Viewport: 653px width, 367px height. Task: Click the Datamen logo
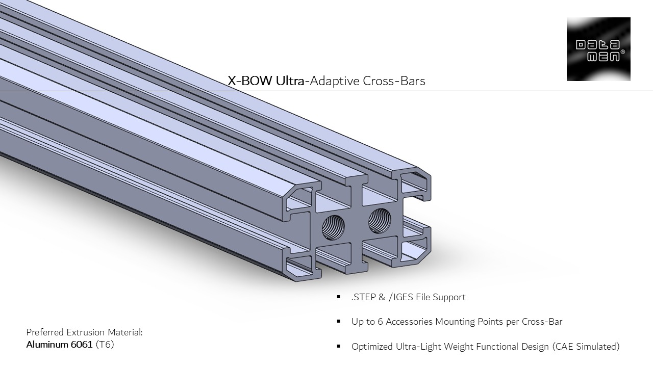[598, 49]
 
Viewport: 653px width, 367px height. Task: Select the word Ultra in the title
[290, 81]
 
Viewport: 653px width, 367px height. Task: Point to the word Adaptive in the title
[334, 81]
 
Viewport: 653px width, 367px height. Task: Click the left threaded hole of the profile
[333, 226]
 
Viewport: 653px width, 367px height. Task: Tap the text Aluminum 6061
[59, 345]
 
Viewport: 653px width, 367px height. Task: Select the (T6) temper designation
[105, 345]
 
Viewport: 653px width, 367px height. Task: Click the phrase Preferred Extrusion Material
[84, 332]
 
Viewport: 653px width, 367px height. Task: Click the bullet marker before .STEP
[339, 297]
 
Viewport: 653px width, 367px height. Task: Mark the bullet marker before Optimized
[339, 347]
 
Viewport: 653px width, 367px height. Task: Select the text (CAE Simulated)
[586, 347]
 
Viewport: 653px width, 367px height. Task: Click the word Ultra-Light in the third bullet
[417, 347]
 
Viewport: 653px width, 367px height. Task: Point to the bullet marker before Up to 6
[339, 322]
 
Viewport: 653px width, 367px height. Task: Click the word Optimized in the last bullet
[372, 347]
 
